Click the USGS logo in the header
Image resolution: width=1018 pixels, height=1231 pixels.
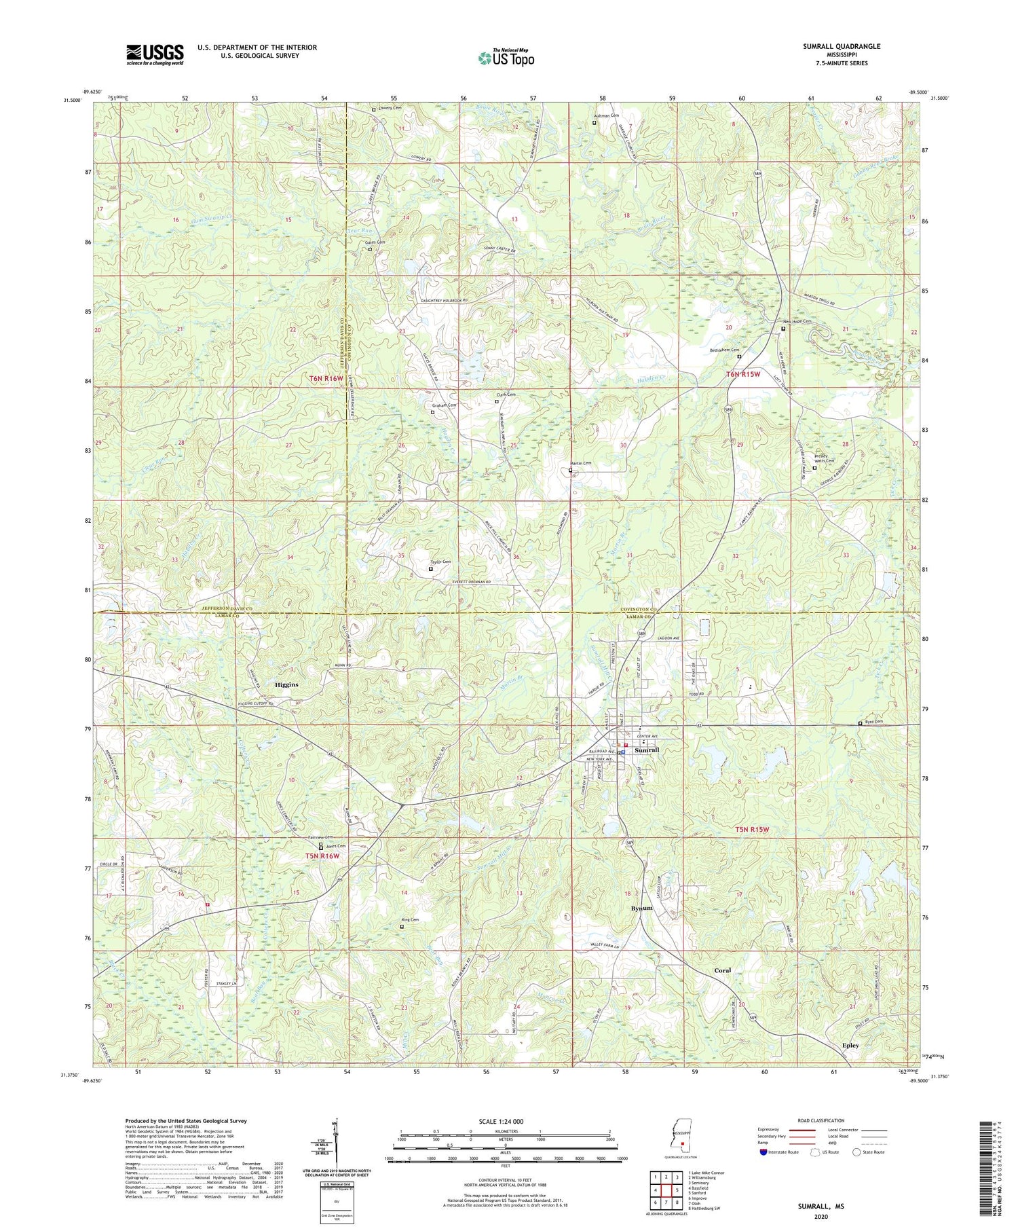coord(155,54)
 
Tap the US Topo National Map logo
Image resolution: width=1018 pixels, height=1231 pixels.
coord(506,58)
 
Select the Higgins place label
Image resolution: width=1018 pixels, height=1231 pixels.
coord(286,684)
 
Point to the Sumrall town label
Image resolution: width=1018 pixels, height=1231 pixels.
coord(646,750)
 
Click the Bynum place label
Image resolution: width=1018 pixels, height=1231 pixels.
coord(641,908)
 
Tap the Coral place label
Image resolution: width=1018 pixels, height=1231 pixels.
coord(722,970)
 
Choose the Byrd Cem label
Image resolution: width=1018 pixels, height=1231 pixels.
coord(874,722)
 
